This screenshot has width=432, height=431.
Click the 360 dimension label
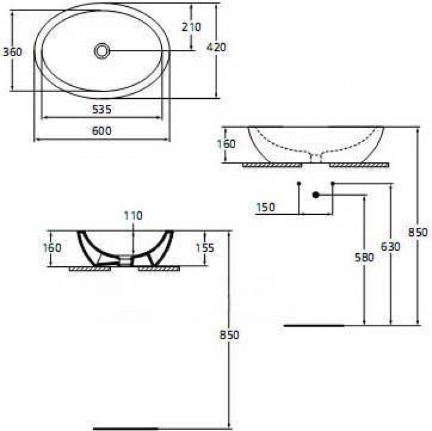click(x=12, y=52)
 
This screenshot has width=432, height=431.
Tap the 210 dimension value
click(x=191, y=27)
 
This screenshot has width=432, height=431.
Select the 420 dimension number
click(x=216, y=48)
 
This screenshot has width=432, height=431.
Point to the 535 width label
click(x=102, y=110)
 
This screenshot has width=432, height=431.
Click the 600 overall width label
click(x=102, y=131)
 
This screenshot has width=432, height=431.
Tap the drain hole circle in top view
click(x=102, y=51)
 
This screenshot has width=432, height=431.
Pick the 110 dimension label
click(x=133, y=215)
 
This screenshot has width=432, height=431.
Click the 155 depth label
click(x=205, y=248)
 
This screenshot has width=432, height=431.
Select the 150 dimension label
click(x=265, y=207)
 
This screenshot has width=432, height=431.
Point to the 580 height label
click(x=364, y=257)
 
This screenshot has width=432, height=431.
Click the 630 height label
click(x=391, y=246)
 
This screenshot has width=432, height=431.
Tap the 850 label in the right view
click(x=418, y=233)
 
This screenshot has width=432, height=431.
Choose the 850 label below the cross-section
click(x=229, y=335)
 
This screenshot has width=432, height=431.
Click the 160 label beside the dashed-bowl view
click(x=226, y=144)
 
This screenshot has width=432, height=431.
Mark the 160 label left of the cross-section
click(x=52, y=248)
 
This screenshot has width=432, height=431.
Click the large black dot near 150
click(x=316, y=195)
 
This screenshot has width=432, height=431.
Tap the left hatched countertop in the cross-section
click(x=90, y=269)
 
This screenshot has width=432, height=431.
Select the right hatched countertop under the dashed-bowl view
click(x=359, y=165)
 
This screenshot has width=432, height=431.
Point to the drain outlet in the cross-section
click(x=125, y=261)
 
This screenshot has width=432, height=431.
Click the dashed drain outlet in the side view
click(x=316, y=158)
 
